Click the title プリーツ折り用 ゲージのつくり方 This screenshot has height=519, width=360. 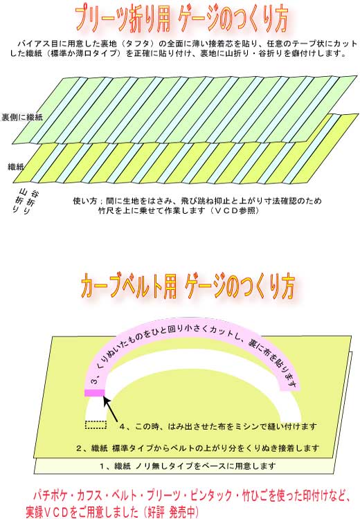pos(181,19)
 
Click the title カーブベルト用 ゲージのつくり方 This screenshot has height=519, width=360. pos(188,286)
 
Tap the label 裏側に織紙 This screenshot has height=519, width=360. pos(22,117)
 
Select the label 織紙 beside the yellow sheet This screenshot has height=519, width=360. pos(16,167)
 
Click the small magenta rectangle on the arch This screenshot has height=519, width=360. pos(95,392)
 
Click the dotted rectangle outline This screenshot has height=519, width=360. pos(96,425)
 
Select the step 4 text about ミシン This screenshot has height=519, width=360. pos(218,426)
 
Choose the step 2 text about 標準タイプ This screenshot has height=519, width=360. pos(198,448)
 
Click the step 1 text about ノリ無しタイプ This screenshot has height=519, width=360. pos(188,466)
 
